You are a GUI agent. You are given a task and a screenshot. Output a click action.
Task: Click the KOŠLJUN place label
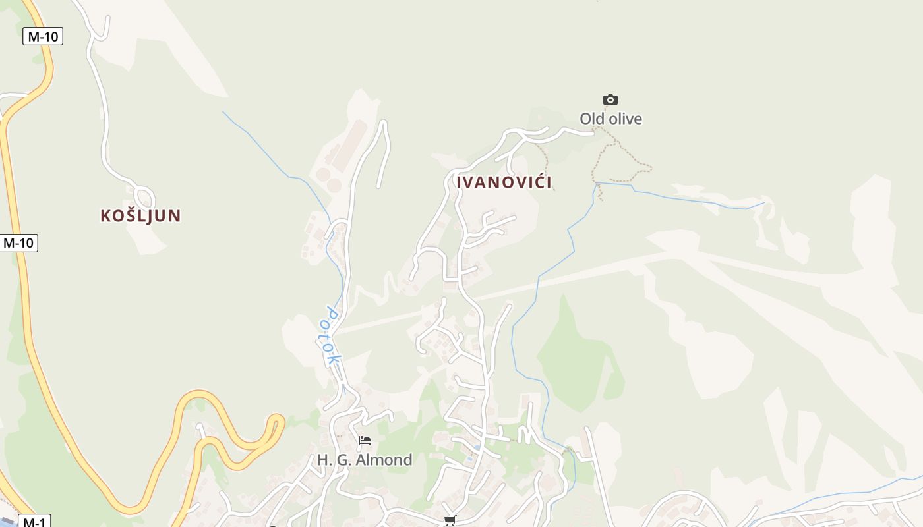(x=140, y=215)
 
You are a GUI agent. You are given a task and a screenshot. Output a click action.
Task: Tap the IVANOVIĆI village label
(x=504, y=182)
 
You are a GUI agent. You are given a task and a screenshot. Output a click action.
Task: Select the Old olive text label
(x=610, y=119)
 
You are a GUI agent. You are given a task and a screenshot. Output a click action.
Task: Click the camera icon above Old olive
(x=610, y=100)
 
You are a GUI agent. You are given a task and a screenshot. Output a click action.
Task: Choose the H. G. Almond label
(x=365, y=460)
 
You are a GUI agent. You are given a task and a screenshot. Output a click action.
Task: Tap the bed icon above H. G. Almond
(x=365, y=441)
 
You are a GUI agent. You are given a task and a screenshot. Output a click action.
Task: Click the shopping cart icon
(x=450, y=521)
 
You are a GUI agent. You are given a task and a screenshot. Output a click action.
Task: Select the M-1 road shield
(x=34, y=522)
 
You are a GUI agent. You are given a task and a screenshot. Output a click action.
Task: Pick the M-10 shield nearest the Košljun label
(x=18, y=242)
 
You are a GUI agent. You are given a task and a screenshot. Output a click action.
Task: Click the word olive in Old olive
(x=625, y=119)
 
